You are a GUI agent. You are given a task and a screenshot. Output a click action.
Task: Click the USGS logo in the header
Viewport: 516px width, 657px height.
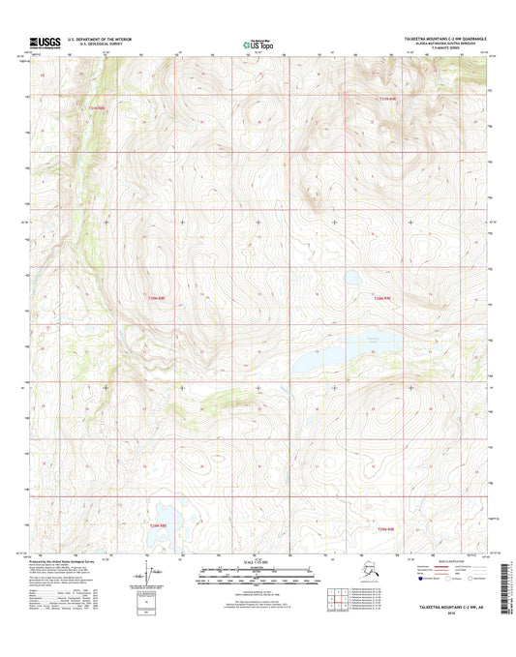46,43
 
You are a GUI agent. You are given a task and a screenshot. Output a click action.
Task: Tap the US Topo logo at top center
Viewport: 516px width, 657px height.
257,44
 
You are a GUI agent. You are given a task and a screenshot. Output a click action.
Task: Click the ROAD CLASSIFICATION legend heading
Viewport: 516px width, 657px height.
438,560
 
